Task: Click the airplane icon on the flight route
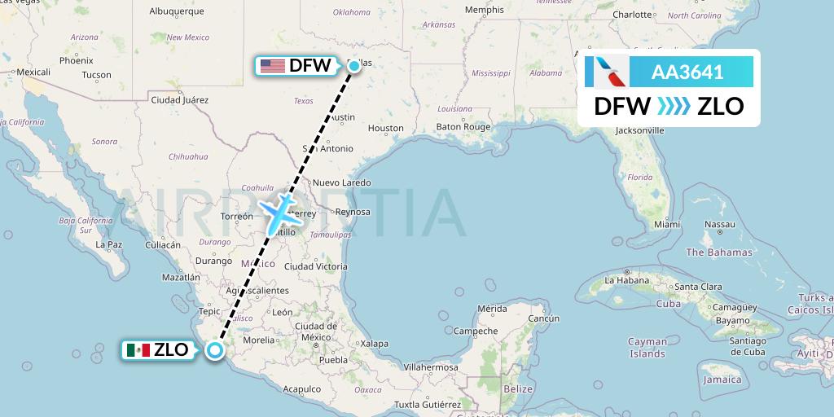[x=278, y=210]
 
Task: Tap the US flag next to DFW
[x=272, y=66]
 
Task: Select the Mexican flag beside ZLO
[x=138, y=350]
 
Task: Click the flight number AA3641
[x=687, y=72]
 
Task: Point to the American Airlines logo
[x=607, y=72]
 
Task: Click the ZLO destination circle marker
[x=214, y=350]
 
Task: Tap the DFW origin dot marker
[x=353, y=66]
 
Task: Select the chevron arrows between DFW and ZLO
[x=674, y=106]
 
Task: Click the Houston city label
[x=385, y=128]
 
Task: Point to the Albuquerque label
[x=177, y=11]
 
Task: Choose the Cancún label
[x=543, y=318]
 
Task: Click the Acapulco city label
[x=302, y=389]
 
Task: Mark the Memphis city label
[x=484, y=10]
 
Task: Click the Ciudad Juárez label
[x=180, y=99]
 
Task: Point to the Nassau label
[x=720, y=224]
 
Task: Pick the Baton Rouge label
[x=463, y=127]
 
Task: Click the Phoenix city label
[x=76, y=60]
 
